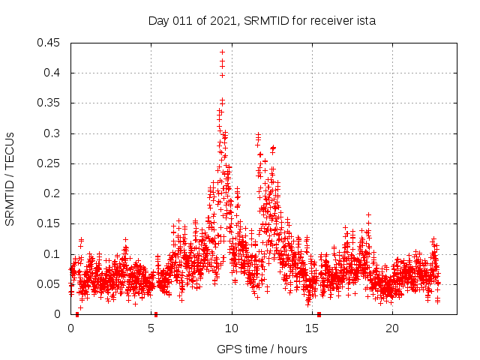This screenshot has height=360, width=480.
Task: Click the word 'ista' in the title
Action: (x=365, y=21)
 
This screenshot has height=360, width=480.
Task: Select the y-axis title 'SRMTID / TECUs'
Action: (x=10, y=178)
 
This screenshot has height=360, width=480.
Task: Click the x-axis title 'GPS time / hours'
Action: (x=262, y=349)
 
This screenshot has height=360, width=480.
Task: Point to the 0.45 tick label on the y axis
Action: (x=50, y=43)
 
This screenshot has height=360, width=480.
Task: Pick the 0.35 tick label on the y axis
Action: (x=50, y=103)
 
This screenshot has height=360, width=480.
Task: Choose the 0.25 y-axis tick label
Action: (x=50, y=163)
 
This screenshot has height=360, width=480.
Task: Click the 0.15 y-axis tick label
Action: (x=50, y=223)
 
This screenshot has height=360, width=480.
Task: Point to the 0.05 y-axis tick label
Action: (x=50, y=284)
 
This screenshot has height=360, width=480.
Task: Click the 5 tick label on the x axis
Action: (x=151, y=328)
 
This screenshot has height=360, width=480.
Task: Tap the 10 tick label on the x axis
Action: (x=232, y=328)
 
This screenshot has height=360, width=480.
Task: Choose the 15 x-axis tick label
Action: (x=312, y=328)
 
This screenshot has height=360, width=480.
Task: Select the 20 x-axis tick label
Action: (x=392, y=328)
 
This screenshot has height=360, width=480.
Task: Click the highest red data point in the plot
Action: (x=222, y=52)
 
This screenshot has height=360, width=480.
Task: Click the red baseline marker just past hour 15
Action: (x=319, y=314)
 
